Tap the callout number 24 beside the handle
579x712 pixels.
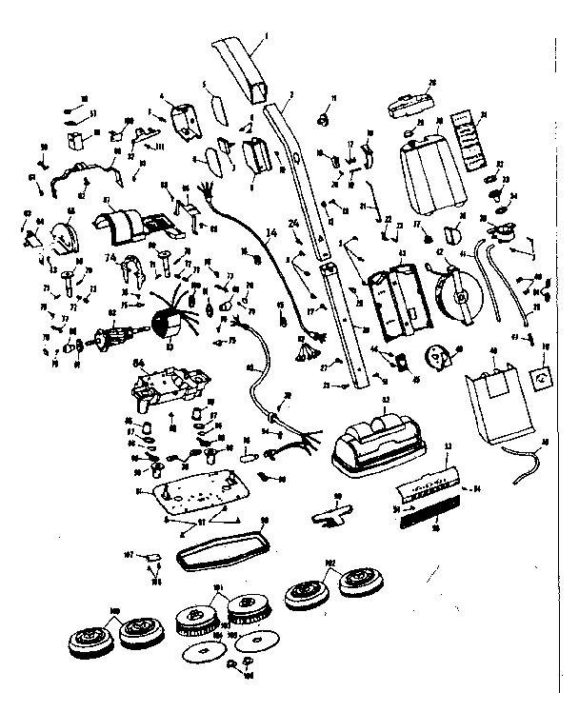pyautogui.click(x=294, y=226)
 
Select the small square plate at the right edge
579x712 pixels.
pyautogui.click(x=541, y=378)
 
